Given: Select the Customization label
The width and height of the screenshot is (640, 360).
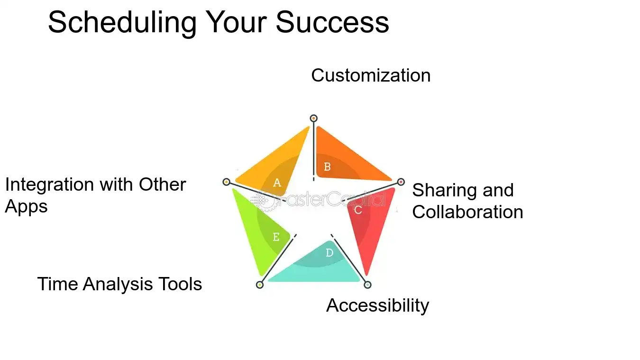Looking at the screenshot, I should tap(371, 75).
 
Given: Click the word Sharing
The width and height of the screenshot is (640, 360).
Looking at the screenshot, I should tap(441, 191).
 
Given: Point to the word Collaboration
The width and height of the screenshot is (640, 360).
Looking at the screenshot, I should tap(467, 212).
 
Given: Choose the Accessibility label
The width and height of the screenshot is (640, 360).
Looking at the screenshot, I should tap(377, 305).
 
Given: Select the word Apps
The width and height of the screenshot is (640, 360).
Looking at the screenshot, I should tap(26, 207).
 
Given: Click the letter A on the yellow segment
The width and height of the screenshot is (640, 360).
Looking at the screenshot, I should tap(277, 183).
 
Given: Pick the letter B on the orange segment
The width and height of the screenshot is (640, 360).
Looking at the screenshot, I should tap(327, 166).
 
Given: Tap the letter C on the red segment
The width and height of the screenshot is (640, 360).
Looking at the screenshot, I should tap(358, 210).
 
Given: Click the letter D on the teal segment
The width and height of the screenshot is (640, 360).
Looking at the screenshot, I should tap(329, 253).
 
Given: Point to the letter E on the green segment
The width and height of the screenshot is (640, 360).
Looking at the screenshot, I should tap(276, 237).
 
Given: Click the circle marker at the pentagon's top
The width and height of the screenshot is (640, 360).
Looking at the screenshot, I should tap(313, 118).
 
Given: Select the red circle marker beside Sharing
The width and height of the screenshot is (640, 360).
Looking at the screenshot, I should tap(401, 182).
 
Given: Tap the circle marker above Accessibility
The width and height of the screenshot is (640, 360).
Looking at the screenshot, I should tap(367, 285).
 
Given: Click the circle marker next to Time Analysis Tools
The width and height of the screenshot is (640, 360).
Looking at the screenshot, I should tap(259, 285).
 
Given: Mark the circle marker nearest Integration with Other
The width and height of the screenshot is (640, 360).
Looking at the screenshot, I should tap(226, 182).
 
